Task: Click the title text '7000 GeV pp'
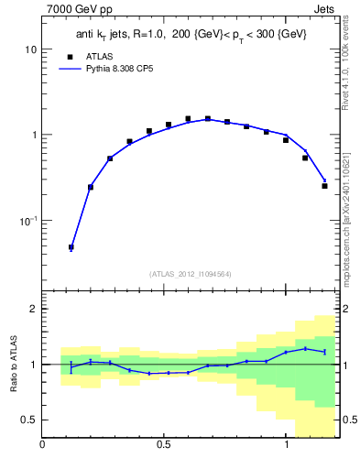pos(76,10)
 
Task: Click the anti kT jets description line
pos(191,35)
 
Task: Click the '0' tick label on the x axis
pos(43,446)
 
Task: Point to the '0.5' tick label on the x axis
pos(164,446)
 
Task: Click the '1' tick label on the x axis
pos(286,446)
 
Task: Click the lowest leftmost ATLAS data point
pos(71,247)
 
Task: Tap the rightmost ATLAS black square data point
pos(324,186)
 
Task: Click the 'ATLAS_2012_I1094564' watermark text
pos(191,274)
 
